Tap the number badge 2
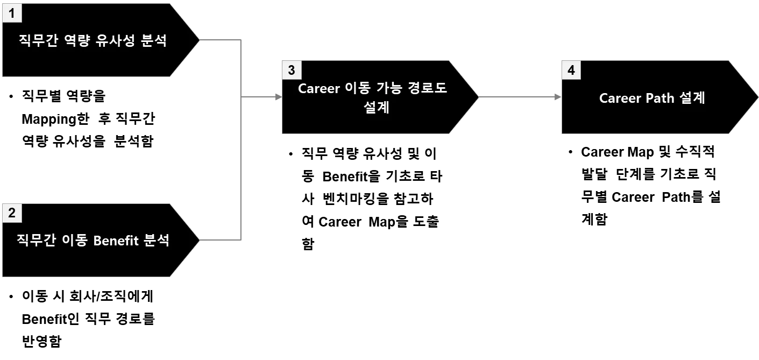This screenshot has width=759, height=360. [12, 213]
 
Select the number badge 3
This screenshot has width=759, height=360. [292, 70]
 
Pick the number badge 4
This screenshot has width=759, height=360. [571, 70]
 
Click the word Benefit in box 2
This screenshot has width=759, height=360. [116, 241]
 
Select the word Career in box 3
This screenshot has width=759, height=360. [318, 88]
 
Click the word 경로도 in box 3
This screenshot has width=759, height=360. [427, 88]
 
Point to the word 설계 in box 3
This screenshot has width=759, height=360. [376, 107]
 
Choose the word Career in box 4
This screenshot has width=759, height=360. [619, 98]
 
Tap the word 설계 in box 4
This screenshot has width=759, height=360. [692, 98]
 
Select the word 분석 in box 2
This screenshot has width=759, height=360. [157, 241]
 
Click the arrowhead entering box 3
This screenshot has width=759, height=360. [278, 97]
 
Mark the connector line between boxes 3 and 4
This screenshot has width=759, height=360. [516, 97]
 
